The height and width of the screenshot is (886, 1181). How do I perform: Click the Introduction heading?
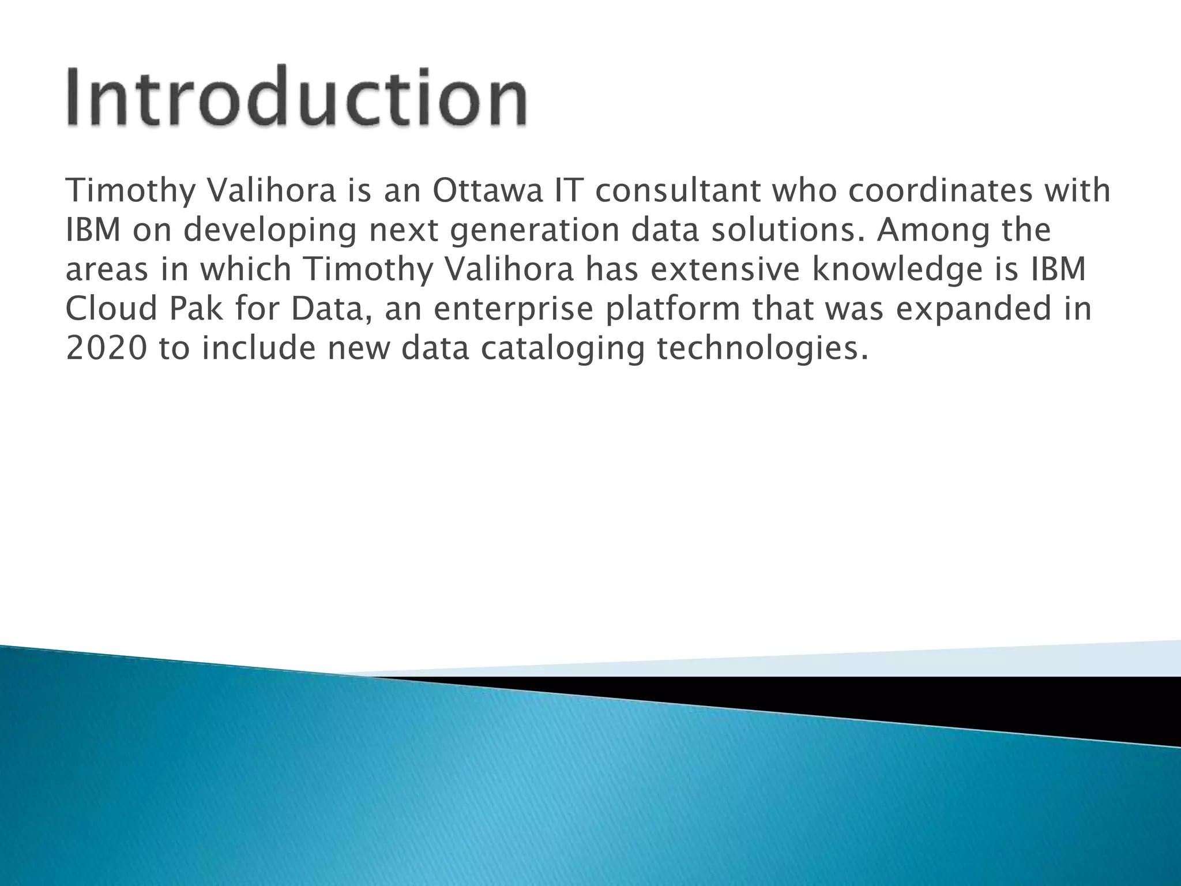click(297, 97)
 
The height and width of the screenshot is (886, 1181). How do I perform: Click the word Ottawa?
click(487, 191)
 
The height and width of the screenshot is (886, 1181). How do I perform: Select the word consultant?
click(678, 191)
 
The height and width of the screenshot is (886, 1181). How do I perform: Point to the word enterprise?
click(513, 310)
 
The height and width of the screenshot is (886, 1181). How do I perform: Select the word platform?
click(672, 310)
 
